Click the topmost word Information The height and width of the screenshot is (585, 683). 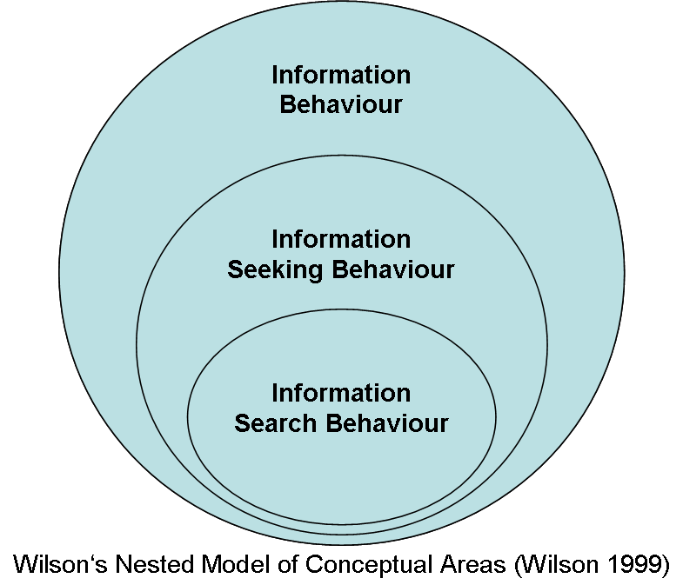[341, 75]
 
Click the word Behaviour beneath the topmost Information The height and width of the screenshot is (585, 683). [341, 105]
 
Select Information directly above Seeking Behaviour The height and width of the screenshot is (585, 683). [341, 239]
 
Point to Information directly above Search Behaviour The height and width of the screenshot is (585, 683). [341, 393]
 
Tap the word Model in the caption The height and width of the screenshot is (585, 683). [229, 564]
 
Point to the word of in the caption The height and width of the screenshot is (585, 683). [276, 564]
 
